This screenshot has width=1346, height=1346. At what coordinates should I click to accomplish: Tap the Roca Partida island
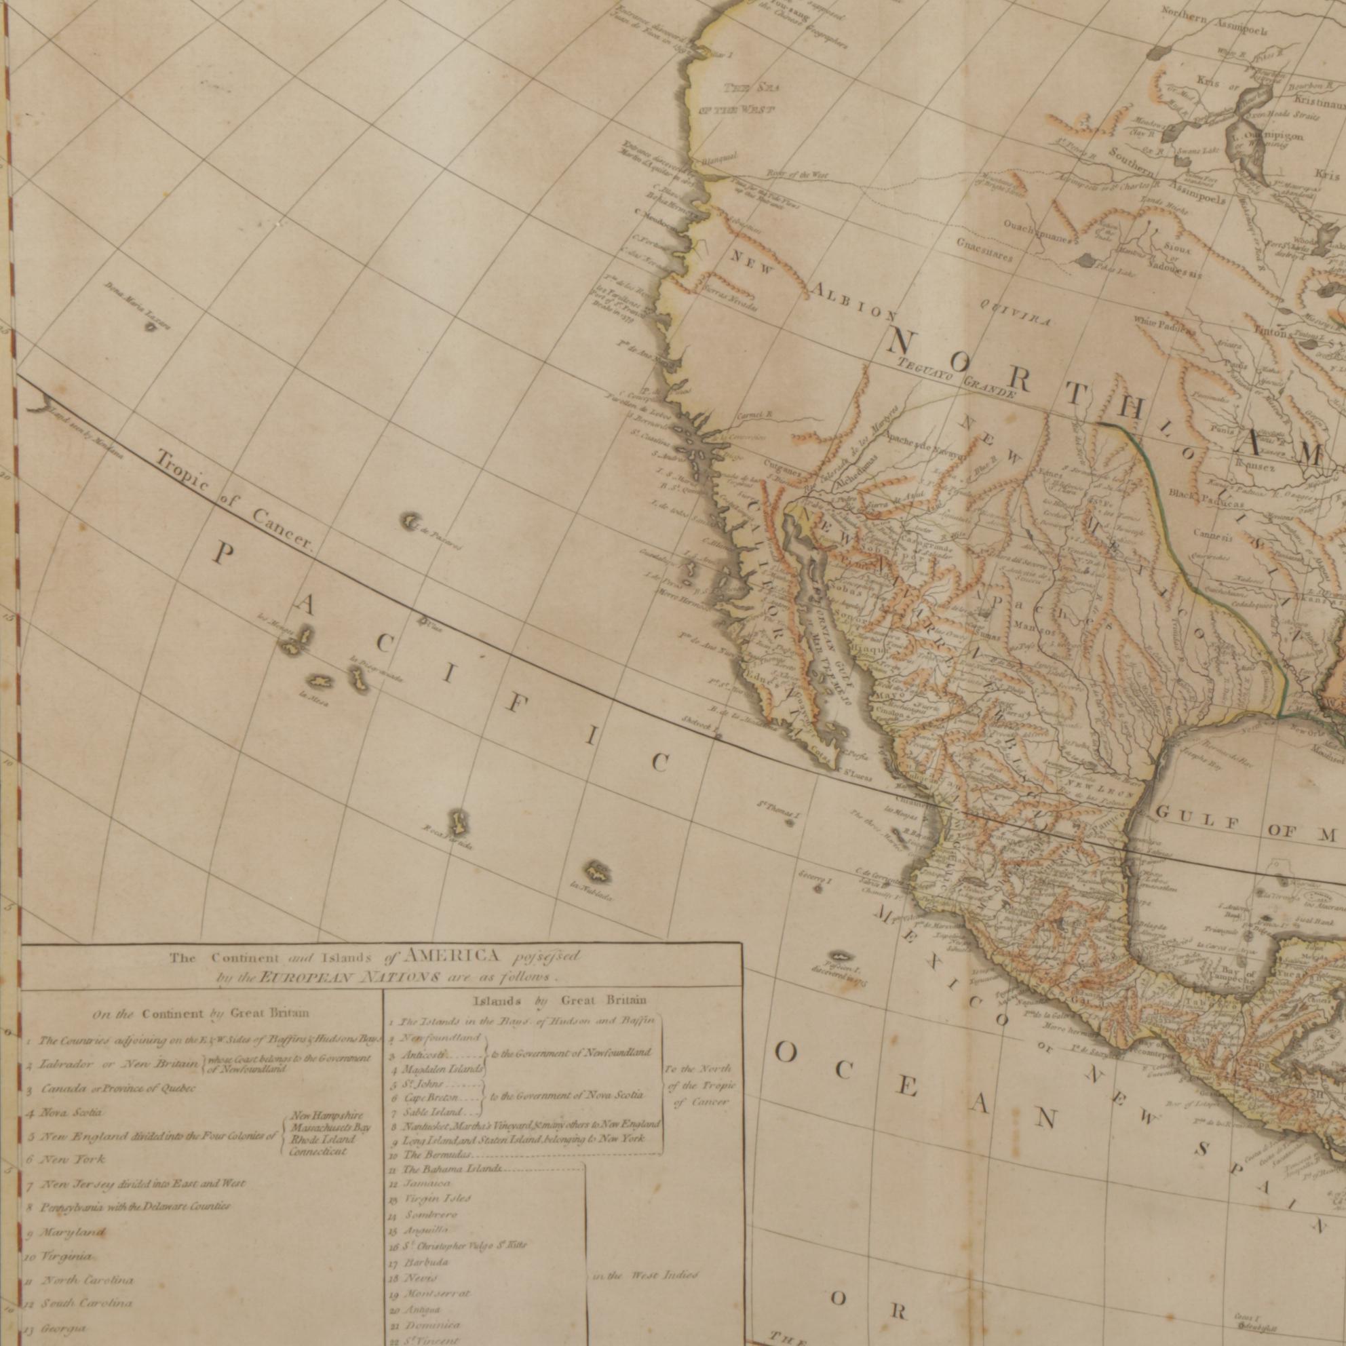click(x=458, y=824)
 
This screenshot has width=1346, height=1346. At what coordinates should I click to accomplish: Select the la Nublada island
click(x=597, y=872)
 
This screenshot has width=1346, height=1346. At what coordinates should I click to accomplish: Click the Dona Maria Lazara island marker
click(x=149, y=325)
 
